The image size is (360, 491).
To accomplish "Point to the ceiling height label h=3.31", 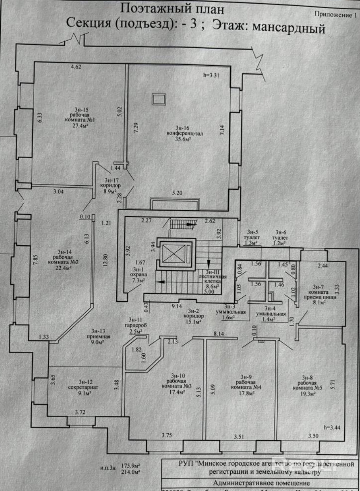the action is [211, 75].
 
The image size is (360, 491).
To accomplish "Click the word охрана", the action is [139, 274].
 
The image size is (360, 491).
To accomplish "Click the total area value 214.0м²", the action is [131, 471].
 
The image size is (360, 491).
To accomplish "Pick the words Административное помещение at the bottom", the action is [261, 483].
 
